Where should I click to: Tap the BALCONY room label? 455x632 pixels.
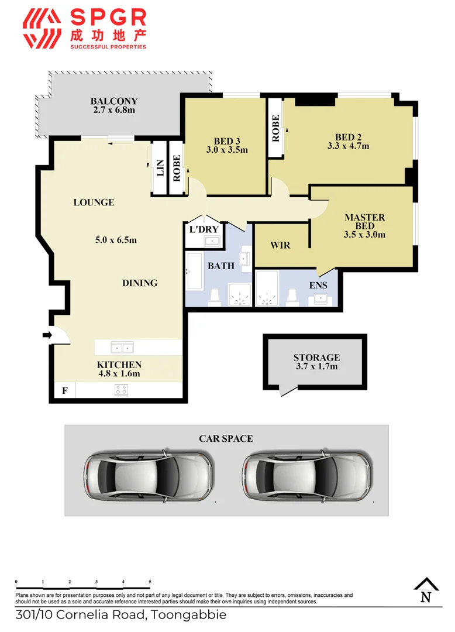click(114, 101)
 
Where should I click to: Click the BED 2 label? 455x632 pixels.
click(348, 138)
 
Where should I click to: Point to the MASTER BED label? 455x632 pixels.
click(364, 222)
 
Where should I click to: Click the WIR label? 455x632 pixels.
click(280, 245)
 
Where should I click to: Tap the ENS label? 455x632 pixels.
click(318, 286)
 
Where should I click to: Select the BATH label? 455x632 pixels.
click(222, 266)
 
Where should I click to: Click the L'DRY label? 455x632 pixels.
click(204, 229)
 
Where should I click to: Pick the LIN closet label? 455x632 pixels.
click(159, 169)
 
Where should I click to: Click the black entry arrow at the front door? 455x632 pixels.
click(47, 335)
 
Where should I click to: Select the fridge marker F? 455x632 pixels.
click(64, 390)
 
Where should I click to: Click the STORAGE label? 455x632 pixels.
click(316, 358)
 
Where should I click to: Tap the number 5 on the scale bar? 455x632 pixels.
click(150, 582)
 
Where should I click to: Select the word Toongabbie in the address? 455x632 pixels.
click(190, 615)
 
